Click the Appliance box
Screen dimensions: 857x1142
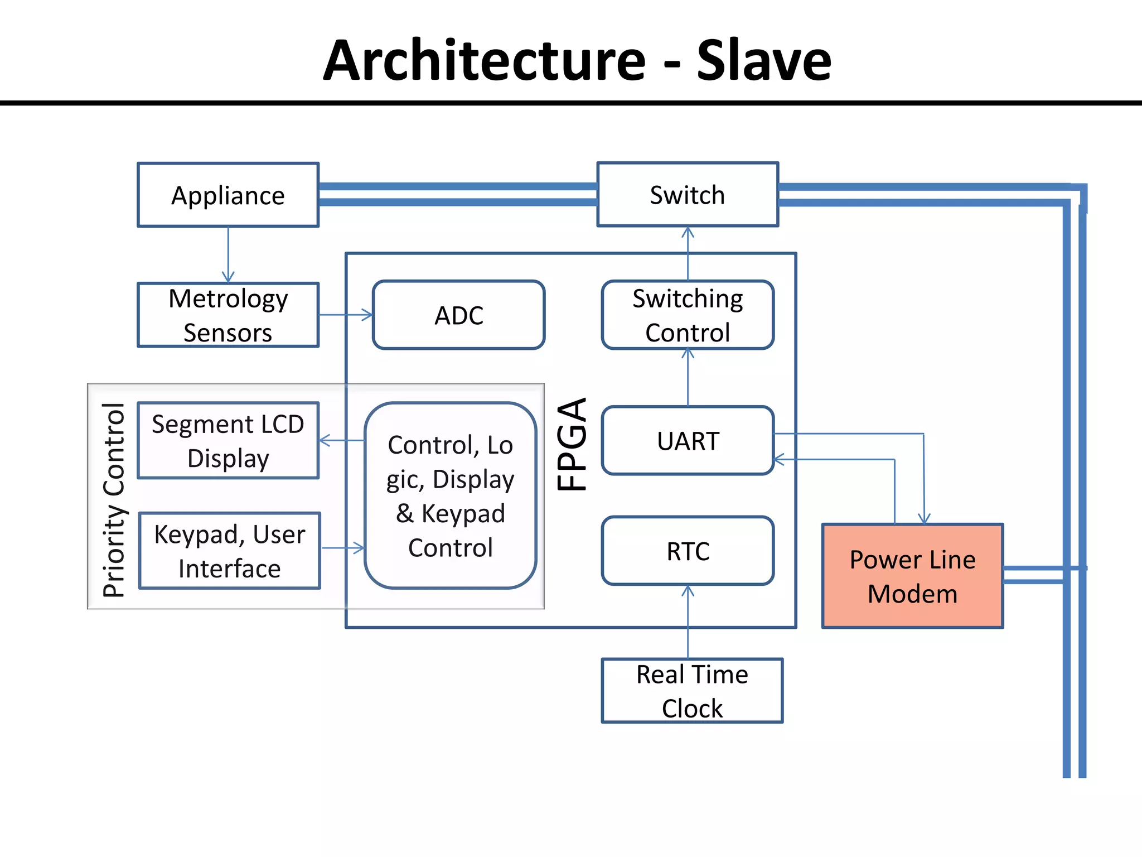pyautogui.click(x=228, y=195)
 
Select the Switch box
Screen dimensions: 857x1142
pyautogui.click(x=687, y=195)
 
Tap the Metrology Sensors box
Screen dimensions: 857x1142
pyautogui.click(x=228, y=315)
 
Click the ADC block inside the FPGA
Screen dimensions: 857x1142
pyautogui.click(x=458, y=315)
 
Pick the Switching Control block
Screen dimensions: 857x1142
pyautogui.click(x=687, y=315)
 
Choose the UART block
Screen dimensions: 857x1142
pyautogui.click(x=687, y=441)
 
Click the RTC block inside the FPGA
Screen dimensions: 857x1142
pyautogui.click(x=687, y=551)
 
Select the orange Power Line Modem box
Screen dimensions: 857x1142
pyautogui.click(x=912, y=576)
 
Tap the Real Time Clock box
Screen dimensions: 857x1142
pyautogui.click(x=691, y=691)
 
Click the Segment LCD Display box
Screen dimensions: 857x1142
pyautogui.click(x=228, y=441)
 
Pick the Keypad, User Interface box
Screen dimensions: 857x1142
pyautogui.click(x=229, y=551)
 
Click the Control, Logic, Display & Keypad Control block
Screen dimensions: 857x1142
pyautogui.click(x=450, y=495)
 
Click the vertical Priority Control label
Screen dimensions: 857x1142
pyautogui.click(x=114, y=500)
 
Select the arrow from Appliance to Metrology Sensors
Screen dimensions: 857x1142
pyautogui.click(x=228, y=254)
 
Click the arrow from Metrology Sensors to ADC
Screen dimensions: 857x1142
pyautogui.click(x=346, y=315)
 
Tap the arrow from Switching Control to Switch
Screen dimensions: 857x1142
pyautogui.click(x=688, y=253)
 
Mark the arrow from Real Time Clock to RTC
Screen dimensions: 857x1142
pyautogui.click(x=688, y=622)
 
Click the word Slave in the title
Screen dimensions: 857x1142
pyautogui.click(x=763, y=60)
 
